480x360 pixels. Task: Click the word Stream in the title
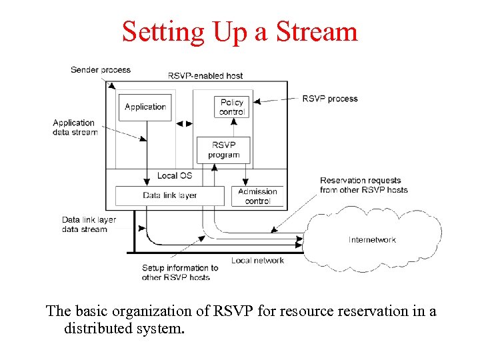click(x=319, y=31)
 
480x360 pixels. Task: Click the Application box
click(x=145, y=107)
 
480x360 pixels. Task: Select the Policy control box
click(x=232, y=107)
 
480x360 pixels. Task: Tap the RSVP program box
click(x=224, y=150)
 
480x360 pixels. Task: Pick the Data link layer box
click(x=169, y=195)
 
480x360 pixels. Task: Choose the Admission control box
click(x=257, y=196)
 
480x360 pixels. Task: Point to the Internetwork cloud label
click(x=372, y=240)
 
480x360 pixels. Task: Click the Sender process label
click(x=101, y=69)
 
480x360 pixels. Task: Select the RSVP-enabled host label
click(x=205, y=76)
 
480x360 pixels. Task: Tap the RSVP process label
click(x=330, y=99)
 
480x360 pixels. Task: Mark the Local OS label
click(x=175, y=176)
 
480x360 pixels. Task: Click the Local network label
click(x=257, y=260)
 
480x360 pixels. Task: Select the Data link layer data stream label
click(x=89, y=225)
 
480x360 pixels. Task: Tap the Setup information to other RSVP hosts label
click(x=180, y=273)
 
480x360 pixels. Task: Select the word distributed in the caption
click(x=96, y=328)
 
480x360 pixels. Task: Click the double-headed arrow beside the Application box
click(x=183, y=123)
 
